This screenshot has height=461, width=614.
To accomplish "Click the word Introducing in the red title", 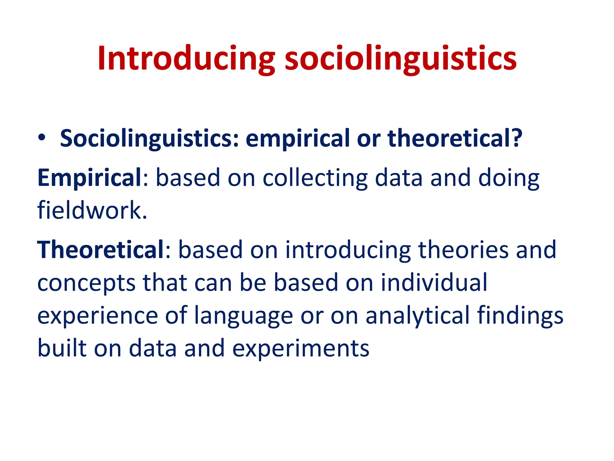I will [x=186, y=59].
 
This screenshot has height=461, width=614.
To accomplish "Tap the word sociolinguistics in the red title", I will [x=400, y=59].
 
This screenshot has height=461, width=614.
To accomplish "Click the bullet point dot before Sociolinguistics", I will [x=42, y=137].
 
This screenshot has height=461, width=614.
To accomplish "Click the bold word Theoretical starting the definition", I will [x=100, y=249].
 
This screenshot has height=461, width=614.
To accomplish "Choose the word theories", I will [x=463, y=249].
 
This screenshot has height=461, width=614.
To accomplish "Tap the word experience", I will [x=97, y=316].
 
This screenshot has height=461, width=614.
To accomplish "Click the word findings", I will [x=520, y=316].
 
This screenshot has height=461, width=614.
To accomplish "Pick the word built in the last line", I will [x=62, y=348].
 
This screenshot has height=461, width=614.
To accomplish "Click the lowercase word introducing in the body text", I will [x=348, y=250].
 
